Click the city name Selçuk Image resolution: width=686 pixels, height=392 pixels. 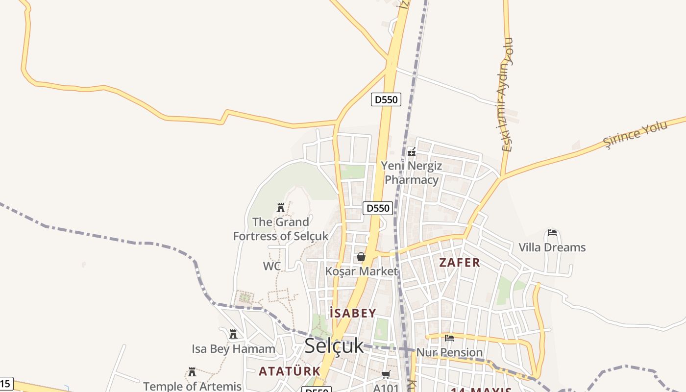tap(334, 346)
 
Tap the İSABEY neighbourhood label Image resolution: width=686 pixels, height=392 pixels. tap(353, 314)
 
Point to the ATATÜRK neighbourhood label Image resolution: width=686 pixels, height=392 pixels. tap(289, 371)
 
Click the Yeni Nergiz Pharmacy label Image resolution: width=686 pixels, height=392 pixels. tap(412, 173)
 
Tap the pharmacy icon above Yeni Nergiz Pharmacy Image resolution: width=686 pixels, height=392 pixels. tap(412, 152)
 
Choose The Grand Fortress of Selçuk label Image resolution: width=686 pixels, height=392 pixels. tap(281, 229)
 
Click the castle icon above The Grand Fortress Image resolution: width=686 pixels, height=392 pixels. tap(281, 208)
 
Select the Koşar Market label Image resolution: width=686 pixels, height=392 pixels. tap(362, 271)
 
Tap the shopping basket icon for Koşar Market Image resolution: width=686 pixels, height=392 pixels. tap(361, 257)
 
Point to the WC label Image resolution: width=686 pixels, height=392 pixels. tap(272, 266)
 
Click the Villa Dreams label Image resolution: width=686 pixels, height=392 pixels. tap(552, 247)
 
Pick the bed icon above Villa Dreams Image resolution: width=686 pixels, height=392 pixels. tap(552, 233)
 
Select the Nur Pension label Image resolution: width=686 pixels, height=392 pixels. tap(449, 352)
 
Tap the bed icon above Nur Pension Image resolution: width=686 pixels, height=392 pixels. tap(449, 338)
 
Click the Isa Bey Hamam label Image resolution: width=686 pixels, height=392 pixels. tap(233, 349)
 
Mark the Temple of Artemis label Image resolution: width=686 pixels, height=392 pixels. tap(192, 386)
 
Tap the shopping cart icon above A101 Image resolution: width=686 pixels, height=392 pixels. tap(386, 375)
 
